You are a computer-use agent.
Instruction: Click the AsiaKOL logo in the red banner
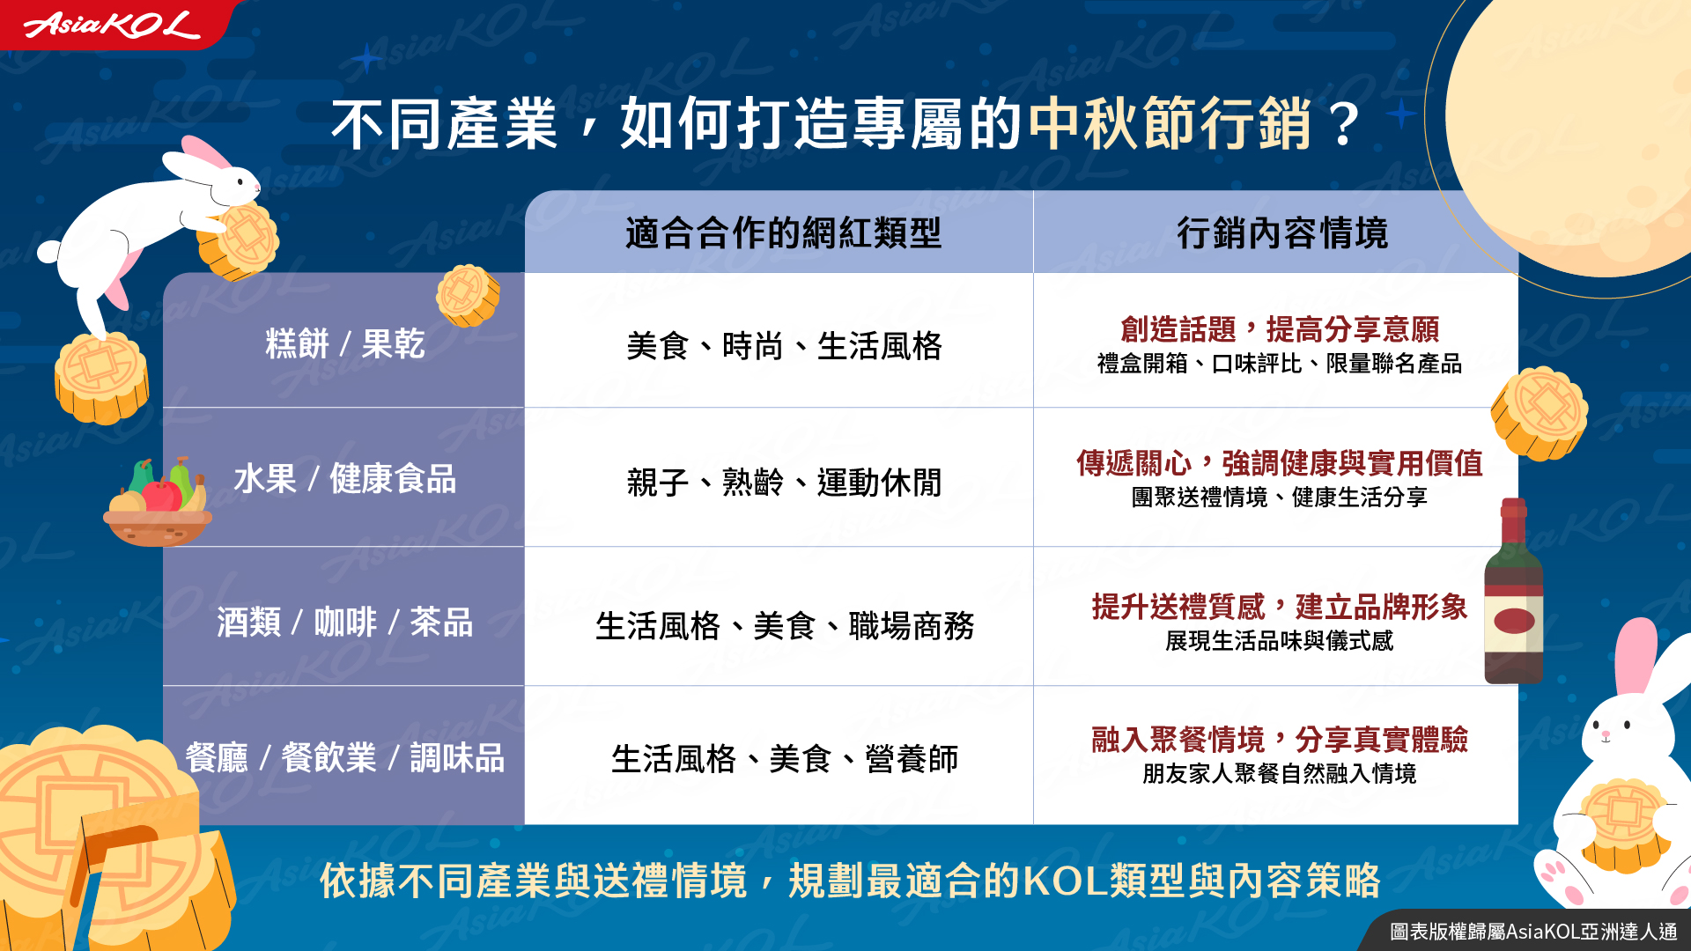click(112, 25)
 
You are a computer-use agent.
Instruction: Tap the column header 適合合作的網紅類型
click(783, 233)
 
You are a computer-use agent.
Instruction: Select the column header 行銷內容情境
click(1282, 233)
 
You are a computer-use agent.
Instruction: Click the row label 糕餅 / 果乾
click(345, 343)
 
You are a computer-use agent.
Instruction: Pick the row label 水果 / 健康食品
click(345, 479)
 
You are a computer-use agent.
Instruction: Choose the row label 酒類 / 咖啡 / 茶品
click(345, 622)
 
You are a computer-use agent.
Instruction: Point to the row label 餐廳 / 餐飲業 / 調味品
click(345, 757)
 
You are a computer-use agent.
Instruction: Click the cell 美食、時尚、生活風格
click(783, 346)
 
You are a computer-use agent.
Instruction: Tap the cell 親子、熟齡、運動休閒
click(783, 482)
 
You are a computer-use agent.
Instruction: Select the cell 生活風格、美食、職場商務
click(784, 626)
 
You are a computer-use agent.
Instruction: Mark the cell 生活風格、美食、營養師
click(784, 758)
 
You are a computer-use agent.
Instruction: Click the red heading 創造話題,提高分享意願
click(1280, 329)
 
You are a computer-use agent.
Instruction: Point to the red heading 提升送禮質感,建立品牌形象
click(1280, 607)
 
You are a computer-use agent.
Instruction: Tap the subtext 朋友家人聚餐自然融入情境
click(1280, 773)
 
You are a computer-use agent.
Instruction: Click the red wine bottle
click(1514, 591)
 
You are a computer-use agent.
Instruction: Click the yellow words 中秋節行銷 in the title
click(1171, 123)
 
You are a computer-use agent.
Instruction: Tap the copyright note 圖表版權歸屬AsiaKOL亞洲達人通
click(1533, 932)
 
